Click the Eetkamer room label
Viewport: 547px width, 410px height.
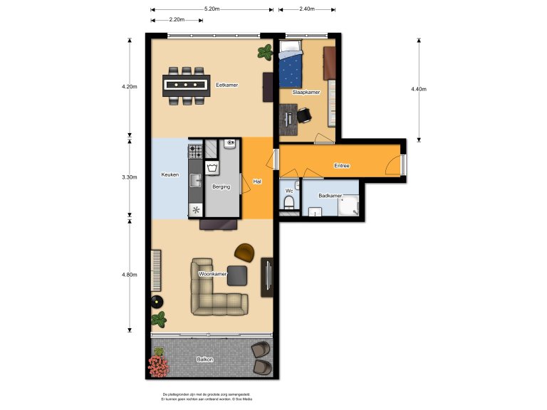[227, 85]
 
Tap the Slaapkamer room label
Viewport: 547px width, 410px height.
[306, 93]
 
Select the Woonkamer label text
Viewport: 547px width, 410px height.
[213, 274]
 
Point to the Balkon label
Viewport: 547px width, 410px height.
[204, 359]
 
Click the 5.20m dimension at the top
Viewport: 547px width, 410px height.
[212, 9]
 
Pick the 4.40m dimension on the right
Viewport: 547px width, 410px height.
[418, 89]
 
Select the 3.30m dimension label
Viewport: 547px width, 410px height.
[129, 177]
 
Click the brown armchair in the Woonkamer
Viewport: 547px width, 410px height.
[244, 252]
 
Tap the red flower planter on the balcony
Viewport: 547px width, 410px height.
[158, 366]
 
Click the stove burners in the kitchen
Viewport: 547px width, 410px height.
[195, 151]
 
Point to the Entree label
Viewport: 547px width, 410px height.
[343, 166]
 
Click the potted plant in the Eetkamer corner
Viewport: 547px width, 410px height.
[265, 51]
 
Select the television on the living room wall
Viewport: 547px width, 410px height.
[268, 276]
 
